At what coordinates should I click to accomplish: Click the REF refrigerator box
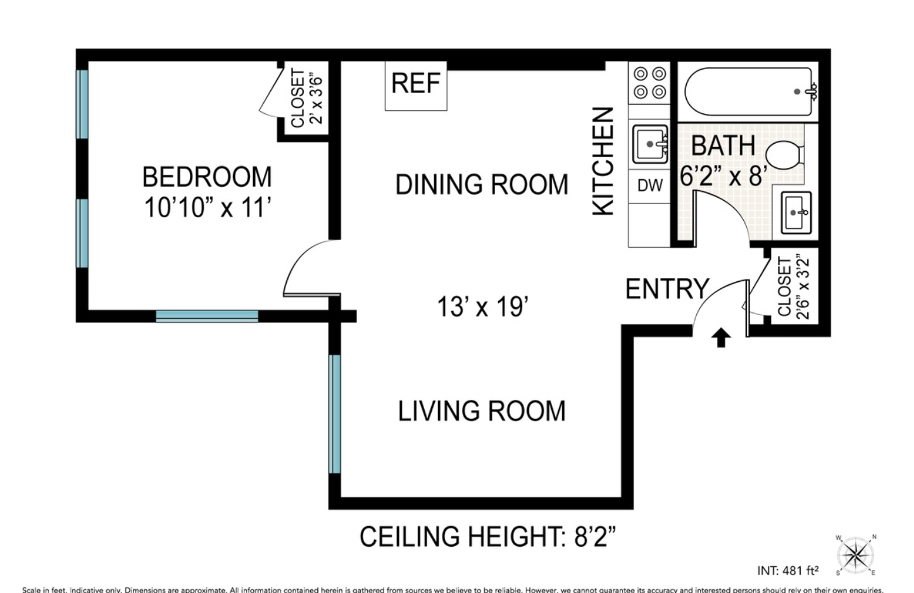[416, 85]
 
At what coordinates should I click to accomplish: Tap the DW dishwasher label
[649, 186]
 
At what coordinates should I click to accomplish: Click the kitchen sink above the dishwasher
[650, 144]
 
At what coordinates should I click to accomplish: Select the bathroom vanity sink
[795, 213]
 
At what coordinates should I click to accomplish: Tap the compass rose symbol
[856, 556]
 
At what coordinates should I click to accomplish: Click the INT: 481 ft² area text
[787, 571]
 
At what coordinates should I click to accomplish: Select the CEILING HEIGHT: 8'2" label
[487, 537]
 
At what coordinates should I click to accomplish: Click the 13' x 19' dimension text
[482, 307]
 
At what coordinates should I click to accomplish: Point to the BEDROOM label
[207, 177]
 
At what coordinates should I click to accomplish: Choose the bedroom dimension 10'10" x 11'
[208, 208]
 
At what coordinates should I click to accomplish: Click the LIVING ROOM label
[482, 411]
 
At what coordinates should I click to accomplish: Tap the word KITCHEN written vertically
[603, 161]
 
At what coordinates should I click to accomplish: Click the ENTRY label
[667, 289]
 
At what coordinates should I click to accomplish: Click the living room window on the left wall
[335, 414]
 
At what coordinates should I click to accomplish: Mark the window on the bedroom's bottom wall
[207, 316]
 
